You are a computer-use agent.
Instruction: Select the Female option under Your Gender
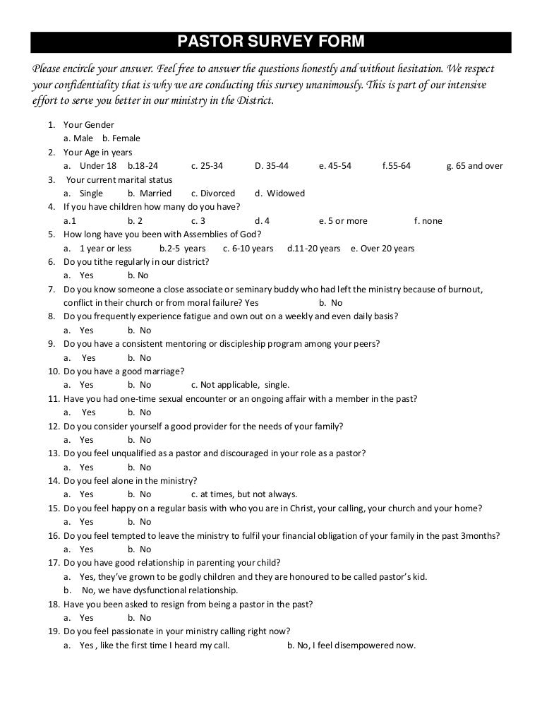click(x=121, y=138)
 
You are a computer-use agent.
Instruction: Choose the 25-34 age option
click(x=207, y=166)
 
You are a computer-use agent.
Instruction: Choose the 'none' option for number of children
click(x=428, y=221)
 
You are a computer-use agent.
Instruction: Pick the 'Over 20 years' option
click(x=383, y=249)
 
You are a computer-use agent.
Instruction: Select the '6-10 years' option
click(x=248, y=249)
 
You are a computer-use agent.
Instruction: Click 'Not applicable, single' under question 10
click(x=240, y=385)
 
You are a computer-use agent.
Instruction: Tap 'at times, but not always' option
click(x=244, y=494)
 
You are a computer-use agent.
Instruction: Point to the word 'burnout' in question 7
click(x=485, y=290)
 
